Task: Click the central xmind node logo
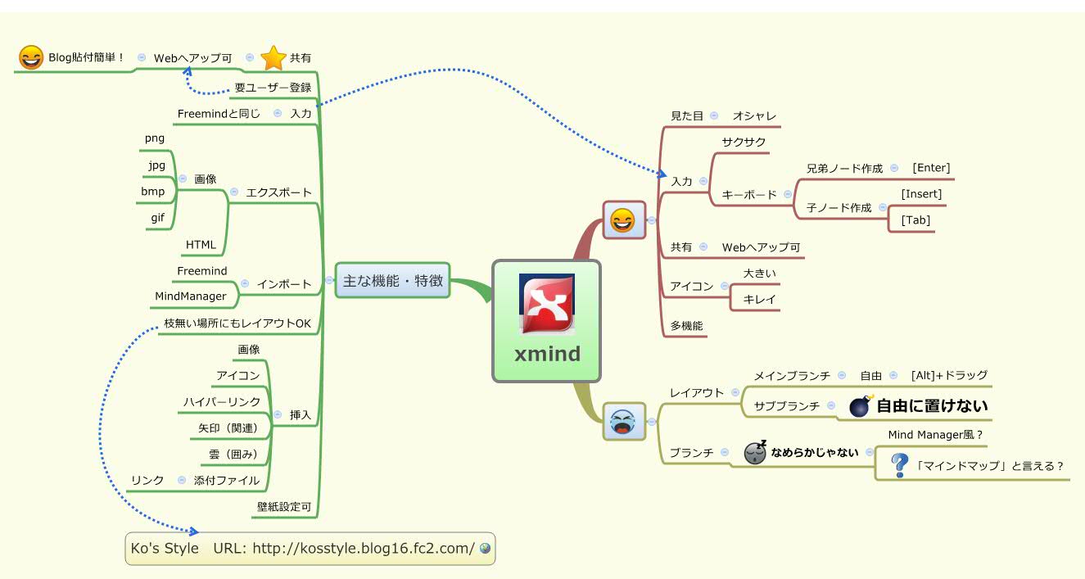click(546, 304)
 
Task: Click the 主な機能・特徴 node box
click(392, 281)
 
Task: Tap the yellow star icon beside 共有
click(272, 58)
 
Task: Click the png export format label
click(155, 138)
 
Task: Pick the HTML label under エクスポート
click(201, 244)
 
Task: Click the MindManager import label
click(191, 296)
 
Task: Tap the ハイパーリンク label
click(221, 401)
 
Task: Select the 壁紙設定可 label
click(284, 507)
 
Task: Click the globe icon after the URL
click(486, 549)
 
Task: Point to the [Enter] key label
click(931, 168)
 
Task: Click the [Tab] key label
click(915, 220)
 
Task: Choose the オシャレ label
click(754, 116)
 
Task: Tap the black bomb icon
click(860, 406)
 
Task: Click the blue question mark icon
click(900, 465)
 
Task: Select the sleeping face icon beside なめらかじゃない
click(755, 451)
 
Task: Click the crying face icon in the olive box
click(623, 421)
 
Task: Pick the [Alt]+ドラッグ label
click(949, 375)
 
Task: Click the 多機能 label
click(686, 325)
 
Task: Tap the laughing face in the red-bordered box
click(623, 220)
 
